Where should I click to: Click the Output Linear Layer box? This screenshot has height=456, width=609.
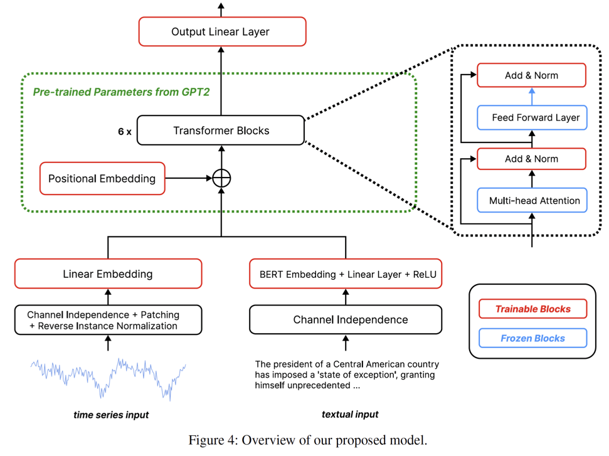click(x=222, y=31)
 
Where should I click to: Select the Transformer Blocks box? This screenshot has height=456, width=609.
click(x=221, y=130)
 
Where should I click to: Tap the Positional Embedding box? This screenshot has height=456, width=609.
click(x=102, y=178)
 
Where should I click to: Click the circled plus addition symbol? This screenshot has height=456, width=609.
click(x=221, y=178)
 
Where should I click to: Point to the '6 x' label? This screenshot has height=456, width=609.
click(x=124, y=132)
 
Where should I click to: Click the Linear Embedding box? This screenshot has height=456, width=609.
click(x=108, y=274)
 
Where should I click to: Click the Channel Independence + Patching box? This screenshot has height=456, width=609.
click(x=108, y=320)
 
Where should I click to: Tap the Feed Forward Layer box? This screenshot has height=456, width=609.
click(x=531, y=117)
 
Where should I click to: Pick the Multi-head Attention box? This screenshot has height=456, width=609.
click(x=531, y=201)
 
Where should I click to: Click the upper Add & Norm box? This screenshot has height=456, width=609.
click(x=531, y=75)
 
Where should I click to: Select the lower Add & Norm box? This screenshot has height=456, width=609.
click(x=531, y=159)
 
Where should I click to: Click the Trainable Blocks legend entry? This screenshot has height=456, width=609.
click(x=532, y=309)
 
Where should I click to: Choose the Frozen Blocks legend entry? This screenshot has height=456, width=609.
click(x=532, y=338)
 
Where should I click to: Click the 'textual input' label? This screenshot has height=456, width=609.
click(x=350, y=414)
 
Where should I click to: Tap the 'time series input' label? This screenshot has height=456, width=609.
click(x=111, y=415)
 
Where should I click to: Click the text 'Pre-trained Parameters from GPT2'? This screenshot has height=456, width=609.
click(x=121, y=92)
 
